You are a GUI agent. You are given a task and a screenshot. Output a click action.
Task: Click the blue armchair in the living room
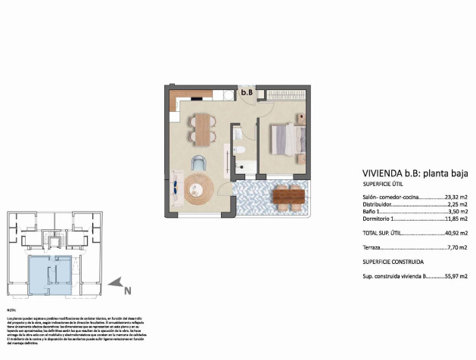tap(199, 162)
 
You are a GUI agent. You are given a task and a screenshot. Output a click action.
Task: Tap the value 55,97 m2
tap(456, 278)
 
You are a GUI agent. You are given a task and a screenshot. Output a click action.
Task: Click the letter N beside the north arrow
tap(128, 287)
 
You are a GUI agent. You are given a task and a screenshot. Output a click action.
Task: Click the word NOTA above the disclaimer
tap(11, 311)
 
